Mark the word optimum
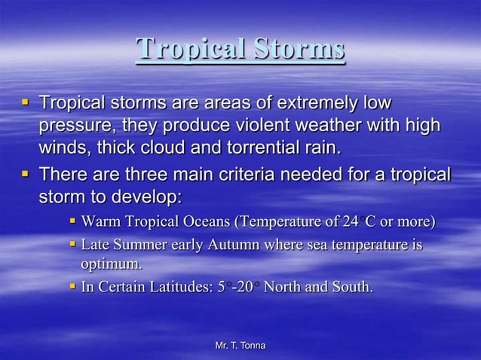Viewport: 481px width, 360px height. (111, 264)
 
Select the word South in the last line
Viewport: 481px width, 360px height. (353, 287)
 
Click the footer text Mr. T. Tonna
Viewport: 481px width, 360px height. (240, 346)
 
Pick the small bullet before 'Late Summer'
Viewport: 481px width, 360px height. (73, 245)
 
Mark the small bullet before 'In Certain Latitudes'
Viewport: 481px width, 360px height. (73, 286)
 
